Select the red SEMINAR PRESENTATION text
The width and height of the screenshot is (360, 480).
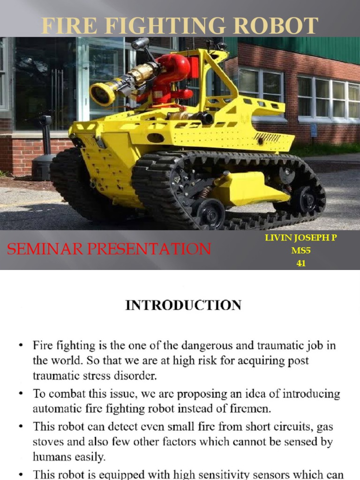click(109, 249)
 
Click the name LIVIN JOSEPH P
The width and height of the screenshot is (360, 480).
click(300, 238)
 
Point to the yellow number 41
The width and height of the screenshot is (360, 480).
click(301, 263)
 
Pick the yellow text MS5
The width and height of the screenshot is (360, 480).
click(301, 251)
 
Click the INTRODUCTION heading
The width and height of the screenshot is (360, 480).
click(183, 306)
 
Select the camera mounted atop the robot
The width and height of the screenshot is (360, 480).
click(140, 44)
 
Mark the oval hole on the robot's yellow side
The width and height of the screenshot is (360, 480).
click(155, 138)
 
